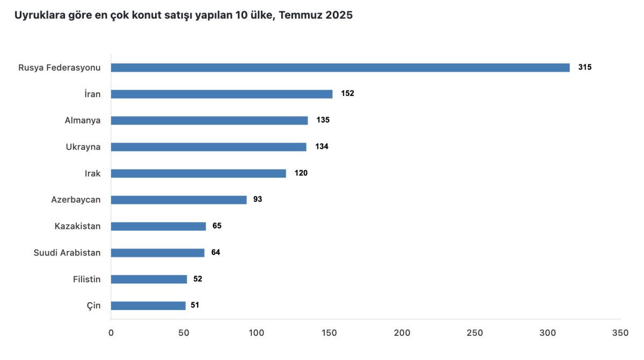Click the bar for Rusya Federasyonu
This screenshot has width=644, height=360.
[340, 68]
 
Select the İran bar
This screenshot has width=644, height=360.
[222, 94]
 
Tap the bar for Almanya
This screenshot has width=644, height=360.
[209, 120]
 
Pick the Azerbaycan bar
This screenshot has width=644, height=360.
[179, 200]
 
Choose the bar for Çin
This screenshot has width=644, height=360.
[148, 305]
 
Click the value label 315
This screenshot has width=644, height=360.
[584, 68]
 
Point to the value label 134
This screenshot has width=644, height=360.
[321, 146]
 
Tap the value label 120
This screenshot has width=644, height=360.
[301, 173]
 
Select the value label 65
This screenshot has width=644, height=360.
[217, 226]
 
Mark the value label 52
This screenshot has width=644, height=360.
[197, 279]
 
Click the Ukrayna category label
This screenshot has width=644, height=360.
[83, 146]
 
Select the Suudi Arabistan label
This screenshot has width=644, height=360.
[67, 253]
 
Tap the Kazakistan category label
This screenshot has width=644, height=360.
[77, 226]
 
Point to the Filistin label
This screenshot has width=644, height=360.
[86, 279]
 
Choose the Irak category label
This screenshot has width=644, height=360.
[92, 173]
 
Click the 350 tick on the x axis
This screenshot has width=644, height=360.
[620, 333]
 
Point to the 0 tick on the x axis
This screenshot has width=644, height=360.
[111, 333]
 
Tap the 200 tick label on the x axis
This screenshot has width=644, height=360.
[402, 333]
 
